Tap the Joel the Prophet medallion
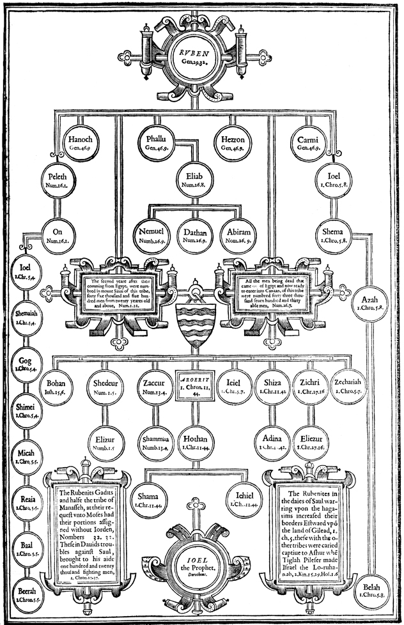click(x=201, y=561)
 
